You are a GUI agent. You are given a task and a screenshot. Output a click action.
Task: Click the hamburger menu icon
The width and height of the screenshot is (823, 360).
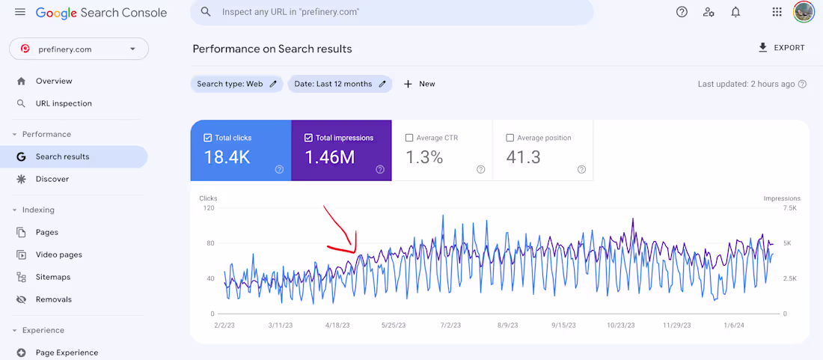(x=20, y=12)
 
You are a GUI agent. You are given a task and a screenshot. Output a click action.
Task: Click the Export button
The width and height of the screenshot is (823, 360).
(x=782, y=48)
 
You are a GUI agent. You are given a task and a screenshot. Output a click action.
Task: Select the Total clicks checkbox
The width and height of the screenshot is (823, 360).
(x=207, y=138)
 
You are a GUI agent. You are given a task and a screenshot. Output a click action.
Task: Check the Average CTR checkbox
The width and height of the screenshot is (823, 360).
(x=409, y=138)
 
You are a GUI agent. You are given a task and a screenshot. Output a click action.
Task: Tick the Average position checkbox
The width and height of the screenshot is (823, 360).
(x=510, y=138)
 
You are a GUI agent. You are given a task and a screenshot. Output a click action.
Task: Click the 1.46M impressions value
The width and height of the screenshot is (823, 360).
(x=330, y=157)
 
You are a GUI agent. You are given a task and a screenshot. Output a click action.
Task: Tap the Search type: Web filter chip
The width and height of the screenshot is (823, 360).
(x=236, y=84)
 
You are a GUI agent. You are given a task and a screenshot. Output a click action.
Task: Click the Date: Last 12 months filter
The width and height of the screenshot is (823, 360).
(x=340, y=84)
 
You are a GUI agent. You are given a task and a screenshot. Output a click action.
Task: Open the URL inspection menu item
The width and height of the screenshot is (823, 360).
(x=64, y=103)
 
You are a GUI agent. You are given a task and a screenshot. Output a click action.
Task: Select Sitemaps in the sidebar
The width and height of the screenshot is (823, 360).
(x=53, y=277)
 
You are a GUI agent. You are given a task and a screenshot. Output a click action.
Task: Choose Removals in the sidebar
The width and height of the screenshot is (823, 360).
(x=54, y=299)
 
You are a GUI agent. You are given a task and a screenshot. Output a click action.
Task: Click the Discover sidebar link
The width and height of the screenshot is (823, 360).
(x=52, y=179)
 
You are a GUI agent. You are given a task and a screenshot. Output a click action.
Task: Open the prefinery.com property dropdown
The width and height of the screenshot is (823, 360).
(x=79, y=49)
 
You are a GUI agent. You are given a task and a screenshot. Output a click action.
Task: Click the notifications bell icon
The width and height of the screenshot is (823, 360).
(x=736, y=12)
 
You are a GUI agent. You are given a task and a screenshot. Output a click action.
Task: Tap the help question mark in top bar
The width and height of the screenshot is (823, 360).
(x=682, y=12)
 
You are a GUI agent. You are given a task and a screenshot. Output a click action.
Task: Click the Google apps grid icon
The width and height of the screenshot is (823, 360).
(x=777, y=12)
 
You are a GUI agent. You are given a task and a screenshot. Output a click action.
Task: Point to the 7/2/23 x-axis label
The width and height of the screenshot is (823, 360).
(x=450, y=326)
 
